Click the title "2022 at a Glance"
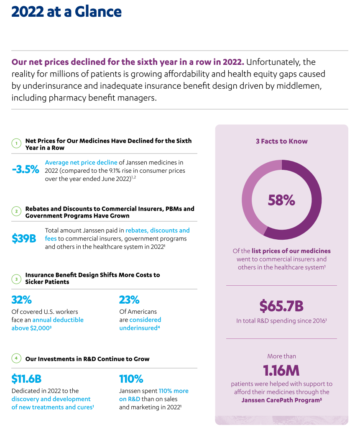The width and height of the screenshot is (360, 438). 66,12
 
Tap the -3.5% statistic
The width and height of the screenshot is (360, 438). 26,169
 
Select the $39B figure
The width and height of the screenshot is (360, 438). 24,238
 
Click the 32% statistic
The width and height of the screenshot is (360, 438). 22,300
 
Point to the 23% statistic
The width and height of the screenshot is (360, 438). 129,300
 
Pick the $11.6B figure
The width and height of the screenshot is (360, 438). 26,379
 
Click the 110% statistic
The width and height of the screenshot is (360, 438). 131,379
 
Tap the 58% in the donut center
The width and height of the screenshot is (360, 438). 281,200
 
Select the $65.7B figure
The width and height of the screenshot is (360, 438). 281,306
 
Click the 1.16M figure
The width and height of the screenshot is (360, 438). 281,371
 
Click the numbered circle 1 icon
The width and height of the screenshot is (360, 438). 16,144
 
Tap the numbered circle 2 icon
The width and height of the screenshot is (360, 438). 16,212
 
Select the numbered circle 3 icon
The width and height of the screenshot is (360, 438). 16,278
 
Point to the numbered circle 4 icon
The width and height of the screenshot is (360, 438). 16,359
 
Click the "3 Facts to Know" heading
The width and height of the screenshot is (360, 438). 281,141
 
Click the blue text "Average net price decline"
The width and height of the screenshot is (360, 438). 81,162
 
